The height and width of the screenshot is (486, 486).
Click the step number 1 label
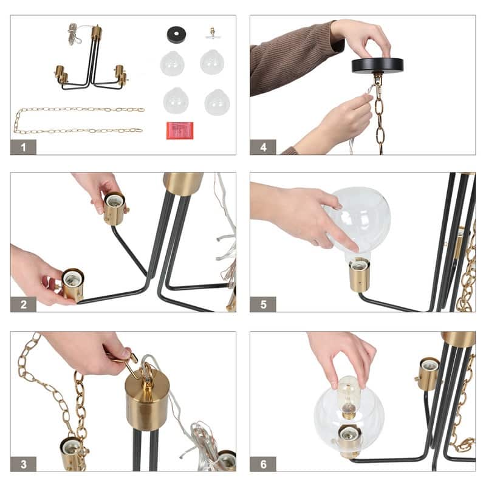(23, 147)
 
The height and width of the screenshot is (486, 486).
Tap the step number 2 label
(23, 304)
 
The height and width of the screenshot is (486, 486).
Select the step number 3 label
(23, 464)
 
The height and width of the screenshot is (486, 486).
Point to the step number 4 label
(263, 147)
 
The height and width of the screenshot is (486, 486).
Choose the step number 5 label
(263, 304)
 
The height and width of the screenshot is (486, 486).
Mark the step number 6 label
(263, 464)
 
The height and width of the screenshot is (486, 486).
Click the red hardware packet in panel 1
(180, 131)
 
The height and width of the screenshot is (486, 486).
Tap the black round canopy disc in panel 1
(176, 34)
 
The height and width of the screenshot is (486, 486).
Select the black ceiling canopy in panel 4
(377, 66)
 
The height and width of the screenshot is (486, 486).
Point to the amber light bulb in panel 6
(349, 396)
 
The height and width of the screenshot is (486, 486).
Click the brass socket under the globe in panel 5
(360, 275)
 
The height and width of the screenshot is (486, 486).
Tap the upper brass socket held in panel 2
(114, 208)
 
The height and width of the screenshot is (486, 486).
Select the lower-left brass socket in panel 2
(72, 284)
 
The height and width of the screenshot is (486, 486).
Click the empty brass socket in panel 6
(428, 374)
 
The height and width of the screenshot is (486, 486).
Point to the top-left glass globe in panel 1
(173, 63)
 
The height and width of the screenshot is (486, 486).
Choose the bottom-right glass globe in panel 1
(217, 102)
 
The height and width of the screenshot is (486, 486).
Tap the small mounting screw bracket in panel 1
(213, 34)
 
